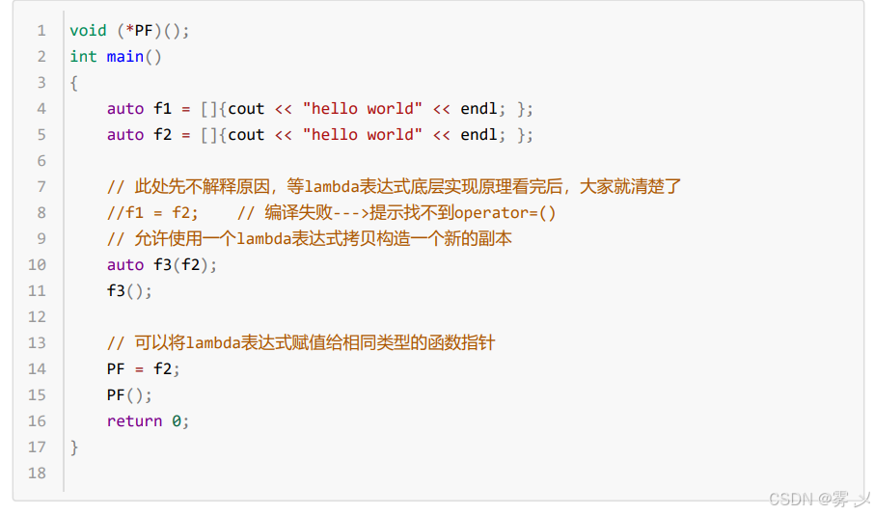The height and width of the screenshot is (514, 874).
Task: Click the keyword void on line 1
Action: [x=88, y=31]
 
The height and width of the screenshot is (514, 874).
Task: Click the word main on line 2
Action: [x=124, y=57]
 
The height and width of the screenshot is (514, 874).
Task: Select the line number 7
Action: [x=41, y=187]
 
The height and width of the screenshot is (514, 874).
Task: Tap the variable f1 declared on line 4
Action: [x=162, y=109]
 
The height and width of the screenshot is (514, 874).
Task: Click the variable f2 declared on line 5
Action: [x=162, y=135]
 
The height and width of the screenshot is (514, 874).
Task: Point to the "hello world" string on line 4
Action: [x=362, y=109]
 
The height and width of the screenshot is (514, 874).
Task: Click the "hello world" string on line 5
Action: [x=362, y=135]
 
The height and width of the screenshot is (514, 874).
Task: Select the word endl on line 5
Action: [x=478, y=135]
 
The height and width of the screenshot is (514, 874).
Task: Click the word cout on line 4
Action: [x=246, y=109]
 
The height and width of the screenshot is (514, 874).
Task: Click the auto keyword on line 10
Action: [x=125, y=265]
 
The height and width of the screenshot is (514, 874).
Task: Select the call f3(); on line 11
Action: [x=129, y=291]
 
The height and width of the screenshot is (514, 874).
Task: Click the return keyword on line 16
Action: [x=134, y=421]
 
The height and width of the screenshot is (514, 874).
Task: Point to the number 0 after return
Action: [x=177, y=421]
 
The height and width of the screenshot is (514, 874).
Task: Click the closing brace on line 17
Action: [x=74, y=447]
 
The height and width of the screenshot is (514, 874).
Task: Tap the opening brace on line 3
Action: [x=74, y=83]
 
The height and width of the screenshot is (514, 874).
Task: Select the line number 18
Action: [x=38, y=473]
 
